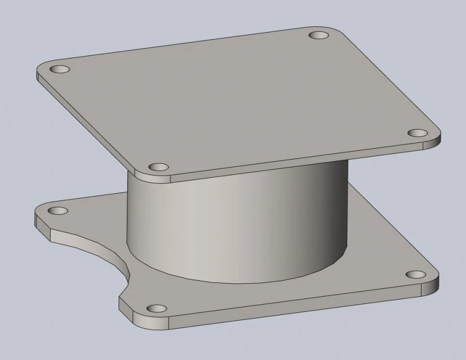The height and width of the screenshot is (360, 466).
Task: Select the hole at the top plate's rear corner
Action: [x=319, y=36]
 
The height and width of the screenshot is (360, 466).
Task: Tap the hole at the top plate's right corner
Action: [x=417, y=133]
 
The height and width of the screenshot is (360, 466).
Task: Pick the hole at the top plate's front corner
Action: [x=158, y=167]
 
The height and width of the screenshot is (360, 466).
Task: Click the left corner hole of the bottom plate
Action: [x=59, y=211]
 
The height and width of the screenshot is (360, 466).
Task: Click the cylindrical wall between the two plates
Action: [x=233, y=228]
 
